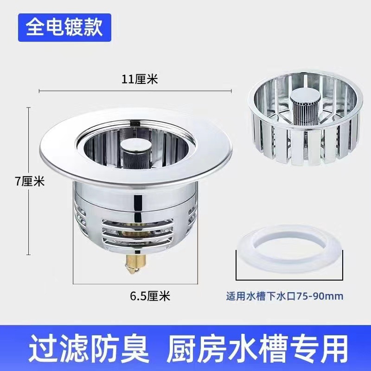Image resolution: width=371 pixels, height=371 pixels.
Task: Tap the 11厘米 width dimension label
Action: (140, 79)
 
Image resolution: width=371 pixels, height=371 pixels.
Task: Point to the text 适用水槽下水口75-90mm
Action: (285, 295)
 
